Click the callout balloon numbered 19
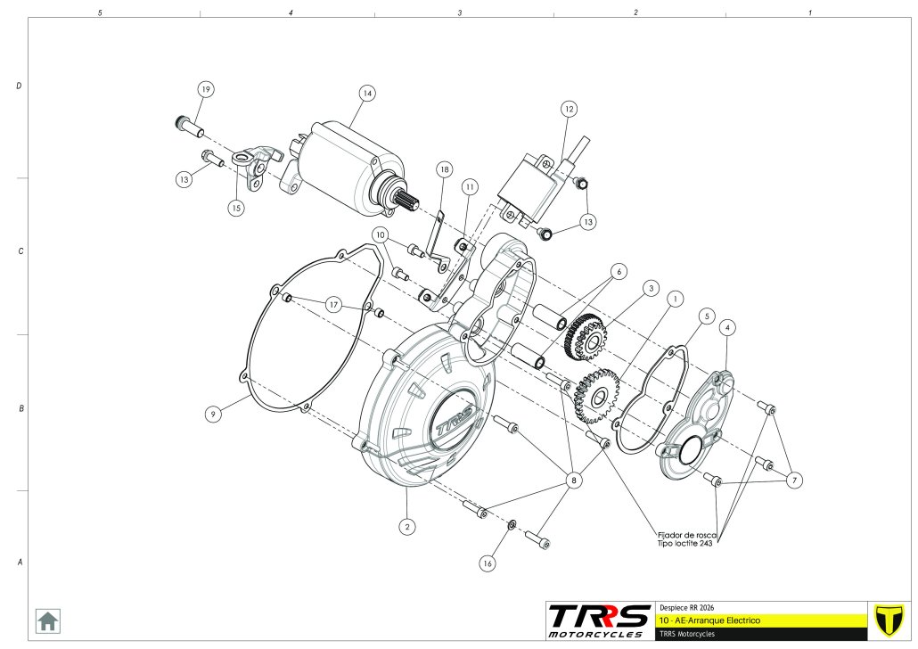tap(206, 90)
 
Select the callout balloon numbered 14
tap(366, 94)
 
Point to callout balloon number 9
tap(212, 414)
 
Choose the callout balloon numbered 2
tap(406, 526)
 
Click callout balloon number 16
tap(487, 563)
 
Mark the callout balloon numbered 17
tap(332, 305)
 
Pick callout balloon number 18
tap(444, 169)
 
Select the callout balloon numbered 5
tap(706, 316)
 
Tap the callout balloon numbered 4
tap(728, 328)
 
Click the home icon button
tap(47, 620)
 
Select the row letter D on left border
tap(19, 86)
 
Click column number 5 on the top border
tap(100, 13)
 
